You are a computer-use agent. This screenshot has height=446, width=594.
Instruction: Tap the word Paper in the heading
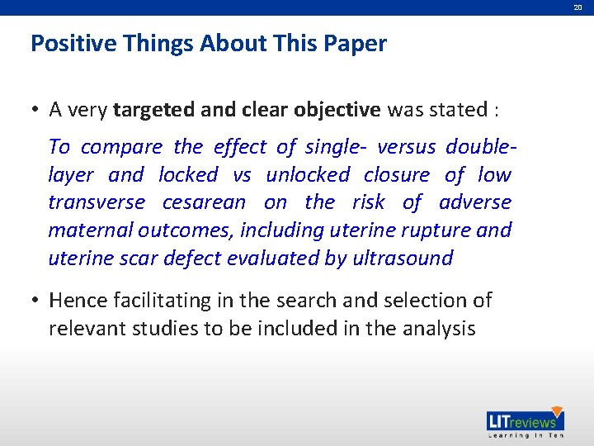pyautogui.click(x=357, y=44)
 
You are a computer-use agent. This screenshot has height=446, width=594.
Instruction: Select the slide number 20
pyautogui.click(x=578, y=7)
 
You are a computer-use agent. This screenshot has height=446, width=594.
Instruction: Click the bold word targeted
pyautogui.click(x=153, y=109)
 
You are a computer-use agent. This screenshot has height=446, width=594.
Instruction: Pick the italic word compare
pyautogui.click(x=121, y=147)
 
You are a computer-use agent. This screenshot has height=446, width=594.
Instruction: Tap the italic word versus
pyautogui.click(x=406, y=147)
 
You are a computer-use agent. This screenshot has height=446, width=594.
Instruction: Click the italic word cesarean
pyautogui.click(x=204, y=202)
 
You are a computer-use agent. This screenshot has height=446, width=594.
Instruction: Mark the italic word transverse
pyautogui.click(x=97, y=202)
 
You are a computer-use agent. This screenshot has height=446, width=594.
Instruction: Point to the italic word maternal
pyautogui.click(x=90, y=230)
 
